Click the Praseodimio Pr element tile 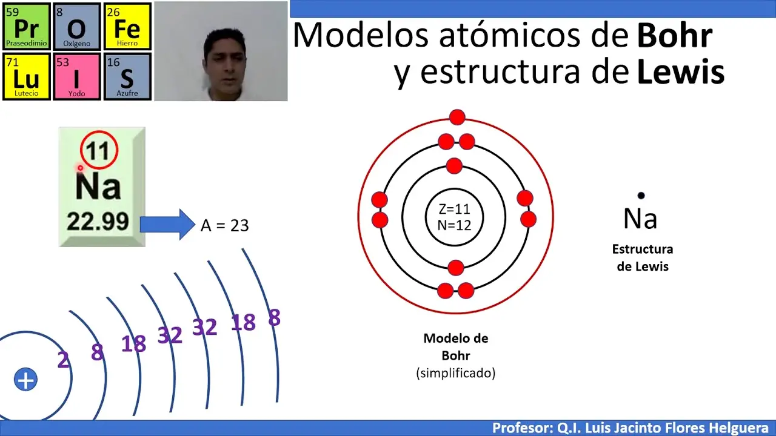(26, 27)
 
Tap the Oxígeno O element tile (77, 27)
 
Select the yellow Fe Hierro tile (127, 27)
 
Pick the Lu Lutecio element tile (26, 77)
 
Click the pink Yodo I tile (77, 77)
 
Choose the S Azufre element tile (127, 77)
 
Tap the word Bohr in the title (674, 36)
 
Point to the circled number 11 (99, 150)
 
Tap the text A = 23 (224, 225)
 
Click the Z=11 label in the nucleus (454, 210)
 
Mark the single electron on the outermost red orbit (457, 117)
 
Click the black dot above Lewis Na (641, 196)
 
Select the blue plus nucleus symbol (25, 380)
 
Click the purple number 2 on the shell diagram (63, 360)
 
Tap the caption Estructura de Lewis (642, 258)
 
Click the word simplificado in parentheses (456, 373)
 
